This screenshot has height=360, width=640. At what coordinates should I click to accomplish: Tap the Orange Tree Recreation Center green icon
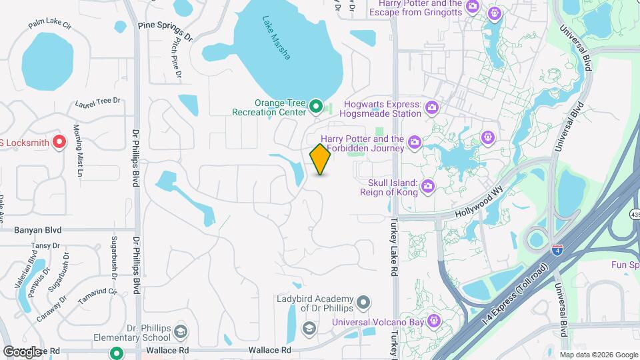point(316,107)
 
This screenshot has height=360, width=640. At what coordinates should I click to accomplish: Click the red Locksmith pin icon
point(59,141)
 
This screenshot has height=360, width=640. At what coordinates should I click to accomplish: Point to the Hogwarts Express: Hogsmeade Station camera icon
point(431,107)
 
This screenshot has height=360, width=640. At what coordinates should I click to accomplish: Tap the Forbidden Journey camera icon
point(414,141)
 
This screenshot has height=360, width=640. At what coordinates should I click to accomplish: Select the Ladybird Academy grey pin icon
point(363,303)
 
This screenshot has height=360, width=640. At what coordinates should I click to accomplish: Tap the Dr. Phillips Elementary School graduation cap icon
point(180,332)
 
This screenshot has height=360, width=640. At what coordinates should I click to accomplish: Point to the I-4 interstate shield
point(557,250)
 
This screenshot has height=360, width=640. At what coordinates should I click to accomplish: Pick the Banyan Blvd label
point(37,230)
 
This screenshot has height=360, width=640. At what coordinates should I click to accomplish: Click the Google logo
point(21,351)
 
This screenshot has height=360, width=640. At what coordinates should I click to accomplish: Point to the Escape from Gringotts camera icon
point(472,7)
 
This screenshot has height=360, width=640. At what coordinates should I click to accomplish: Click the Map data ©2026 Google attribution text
point(599,355)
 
